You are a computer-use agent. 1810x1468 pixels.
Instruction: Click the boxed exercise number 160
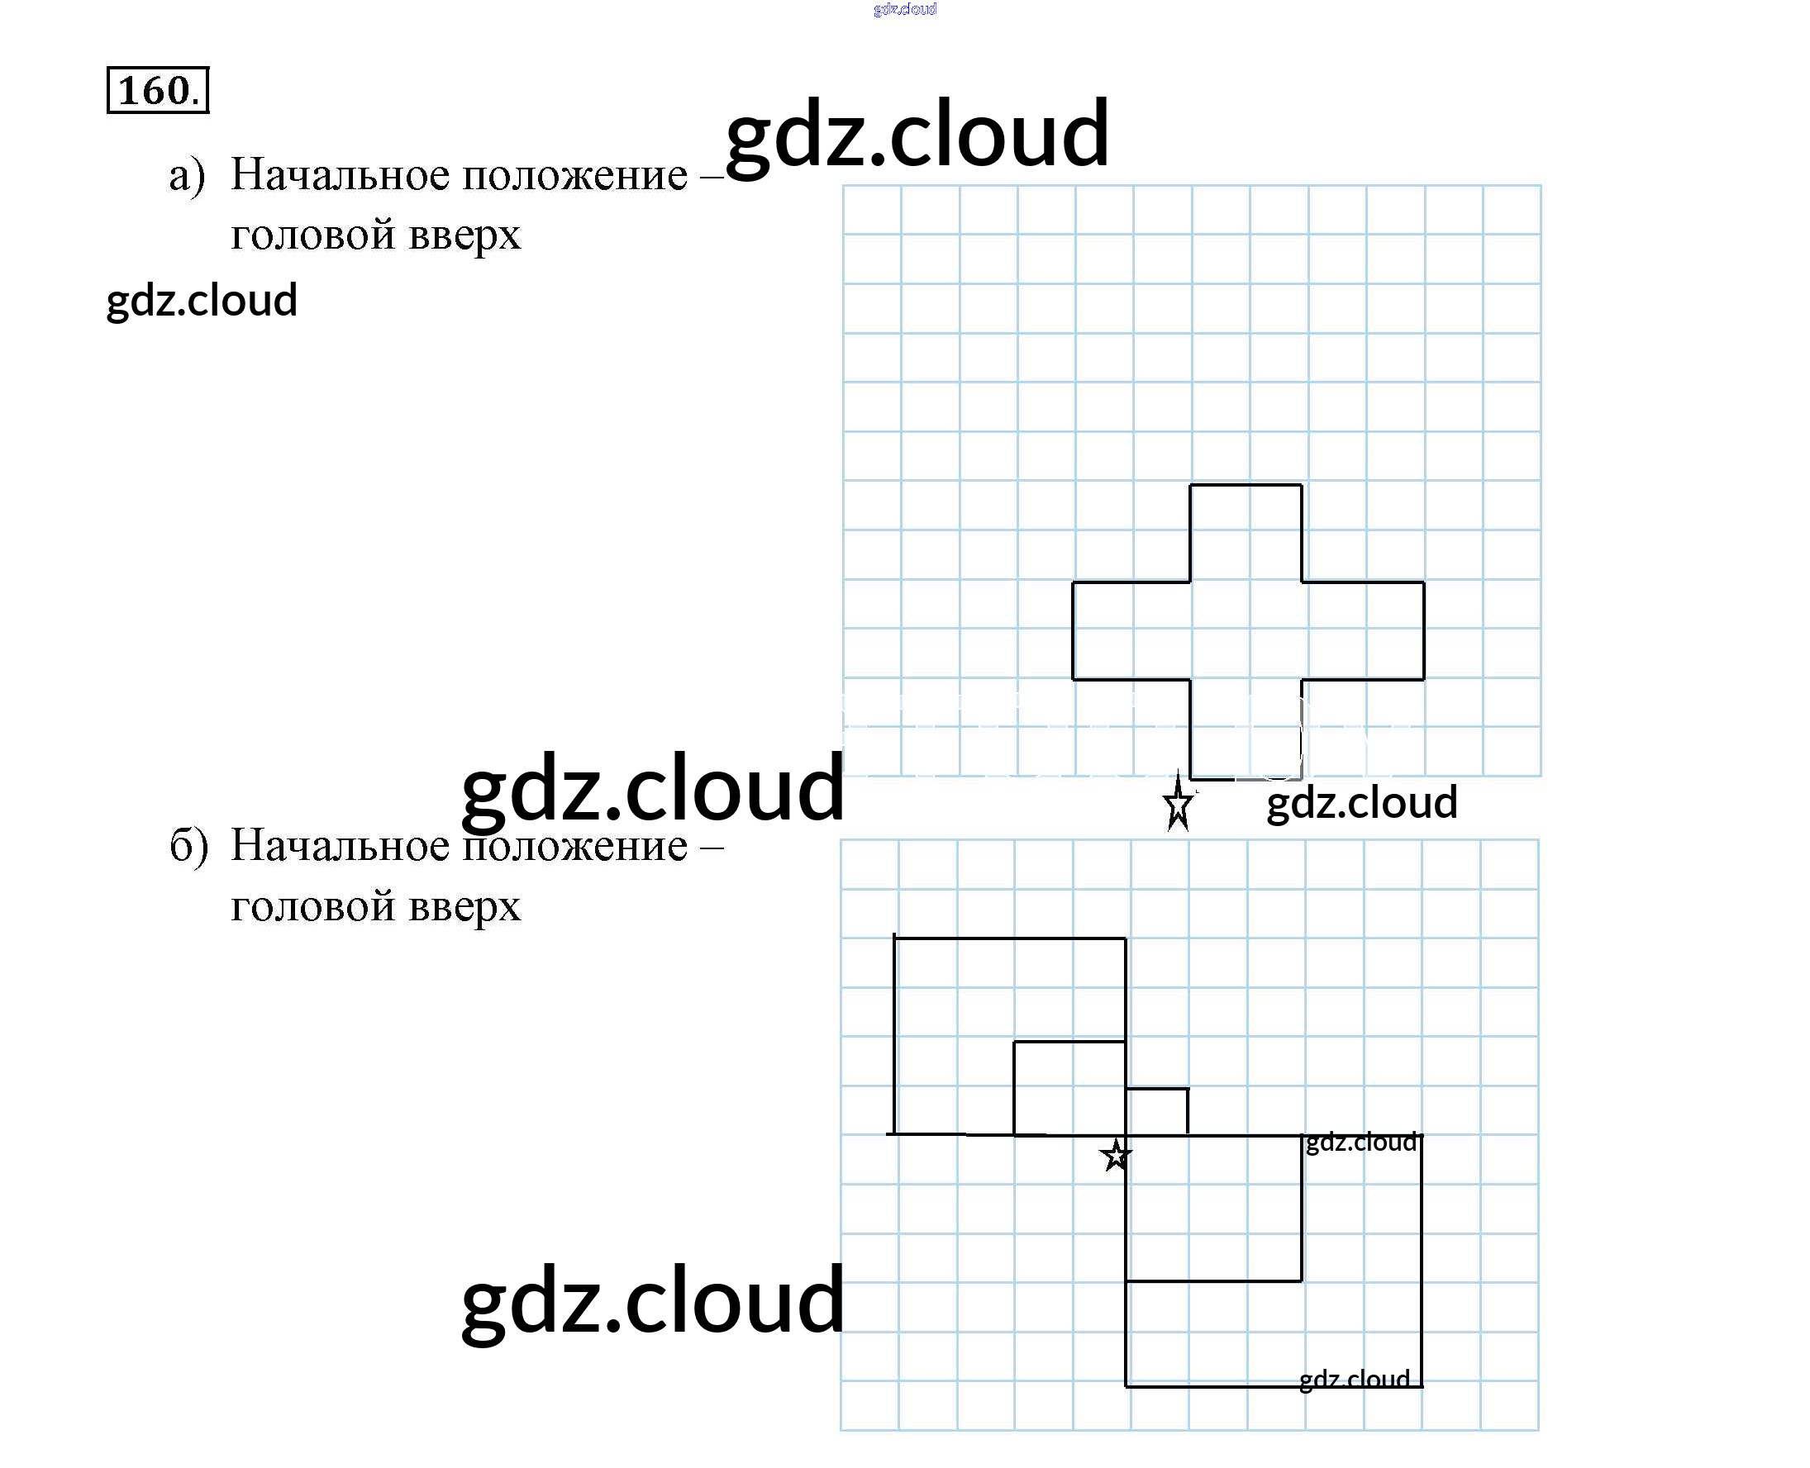tap(157, 90)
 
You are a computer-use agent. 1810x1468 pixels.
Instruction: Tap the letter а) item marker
tap(187, 176)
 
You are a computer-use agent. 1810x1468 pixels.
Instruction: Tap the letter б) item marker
tap(188, 846)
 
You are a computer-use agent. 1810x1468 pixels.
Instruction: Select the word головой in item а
tap(312, 235)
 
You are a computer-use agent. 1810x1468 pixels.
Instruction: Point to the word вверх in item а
tap(464, 235)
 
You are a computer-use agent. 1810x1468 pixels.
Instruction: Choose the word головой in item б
tap(312, 905)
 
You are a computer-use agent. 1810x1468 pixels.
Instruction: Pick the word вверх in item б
tap(464, 905)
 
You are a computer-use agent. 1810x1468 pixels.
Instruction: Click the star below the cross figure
tap(1179, 804)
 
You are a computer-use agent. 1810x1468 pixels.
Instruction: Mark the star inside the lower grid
tap(1116, 1155)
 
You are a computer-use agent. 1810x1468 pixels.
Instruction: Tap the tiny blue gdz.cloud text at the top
tap(904, 9)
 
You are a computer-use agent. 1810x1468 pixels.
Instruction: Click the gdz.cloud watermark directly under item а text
tap(202, 300)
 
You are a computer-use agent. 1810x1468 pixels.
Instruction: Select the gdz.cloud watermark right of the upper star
tap(1362, 802)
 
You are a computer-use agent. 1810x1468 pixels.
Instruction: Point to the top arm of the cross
tap(1245, 533)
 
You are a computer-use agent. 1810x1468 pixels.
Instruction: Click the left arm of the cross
tap(1131, 630)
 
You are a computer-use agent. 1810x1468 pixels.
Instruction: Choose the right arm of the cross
tap(1363, 630)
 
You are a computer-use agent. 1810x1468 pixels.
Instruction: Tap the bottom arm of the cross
tap(1245, 728)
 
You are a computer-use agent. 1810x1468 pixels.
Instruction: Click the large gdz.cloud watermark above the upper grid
tap(917, 133)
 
